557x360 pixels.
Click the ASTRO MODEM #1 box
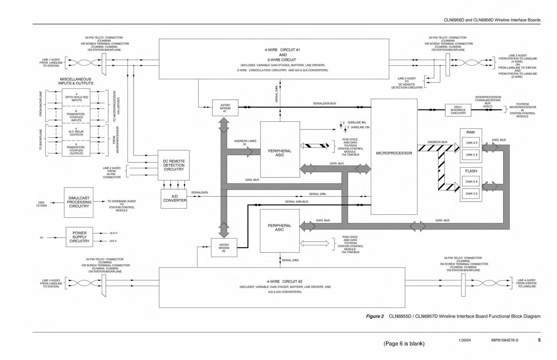pos(225,108)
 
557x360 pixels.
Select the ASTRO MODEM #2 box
pos(224,248)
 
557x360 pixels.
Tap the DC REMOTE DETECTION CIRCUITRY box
pos(174,165)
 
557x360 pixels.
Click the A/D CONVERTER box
pos(174,199)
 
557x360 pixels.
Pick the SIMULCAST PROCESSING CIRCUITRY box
pos(79,202)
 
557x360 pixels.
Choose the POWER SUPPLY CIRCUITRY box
pos(79,237)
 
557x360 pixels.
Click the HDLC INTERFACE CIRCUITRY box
pos(458,110)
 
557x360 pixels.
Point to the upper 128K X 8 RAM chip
pos(471,143)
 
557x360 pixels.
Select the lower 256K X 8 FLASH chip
pos(471,194)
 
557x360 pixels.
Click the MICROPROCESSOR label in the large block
pos(394,153)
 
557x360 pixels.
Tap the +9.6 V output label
pos(113,233)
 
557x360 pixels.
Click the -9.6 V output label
pos(113,241)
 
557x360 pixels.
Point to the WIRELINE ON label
pos(360,127)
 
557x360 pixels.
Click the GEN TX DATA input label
pos(41,204)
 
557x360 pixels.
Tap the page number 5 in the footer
pos(539,340)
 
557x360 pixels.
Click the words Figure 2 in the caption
pos(375,317)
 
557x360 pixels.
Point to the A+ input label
pos(42,238)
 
